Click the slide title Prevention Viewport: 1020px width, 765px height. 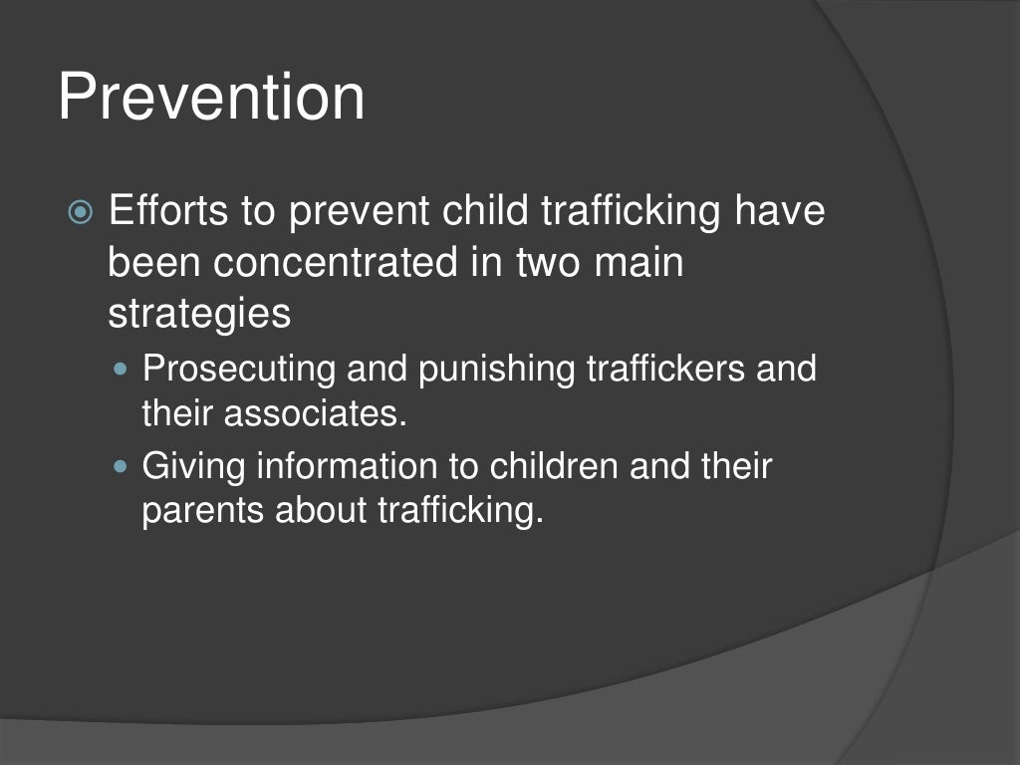tap(211, 98)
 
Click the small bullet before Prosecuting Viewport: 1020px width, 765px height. tap(124, 370)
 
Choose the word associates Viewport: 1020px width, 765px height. tap(316, 413)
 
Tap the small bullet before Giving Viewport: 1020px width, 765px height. tap(124, 466)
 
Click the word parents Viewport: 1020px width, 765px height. tap(204, 510)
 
